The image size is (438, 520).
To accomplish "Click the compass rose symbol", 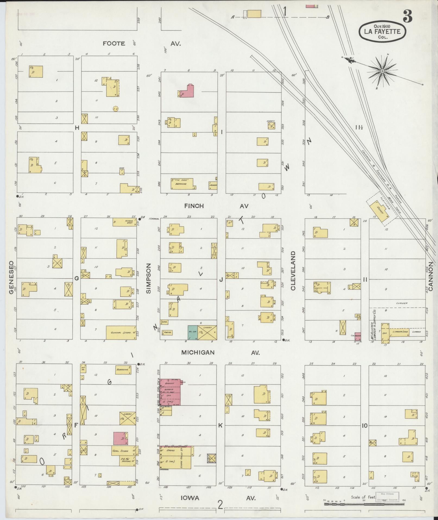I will pyautogui.click(x=382, y=71).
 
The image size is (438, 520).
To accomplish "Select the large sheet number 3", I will pyautogui.click(x=407, y=16).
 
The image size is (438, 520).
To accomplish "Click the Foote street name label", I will pyautogui.click(x=114, y=43).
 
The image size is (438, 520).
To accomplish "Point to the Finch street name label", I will pyautogui.click(x=194, y=206).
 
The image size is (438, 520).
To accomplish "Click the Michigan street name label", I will pyautogui.click(x=198, y=353).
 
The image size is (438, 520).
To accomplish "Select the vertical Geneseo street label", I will pyautogui.click(x=11, y=277).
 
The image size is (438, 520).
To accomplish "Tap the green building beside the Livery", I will pyautogui.click(x=192, y=332).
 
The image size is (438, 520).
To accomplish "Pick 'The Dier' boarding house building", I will pyautogui.click(x=182, y=183).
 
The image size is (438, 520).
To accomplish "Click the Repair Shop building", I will pyautogui.click(x=125, y=222).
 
